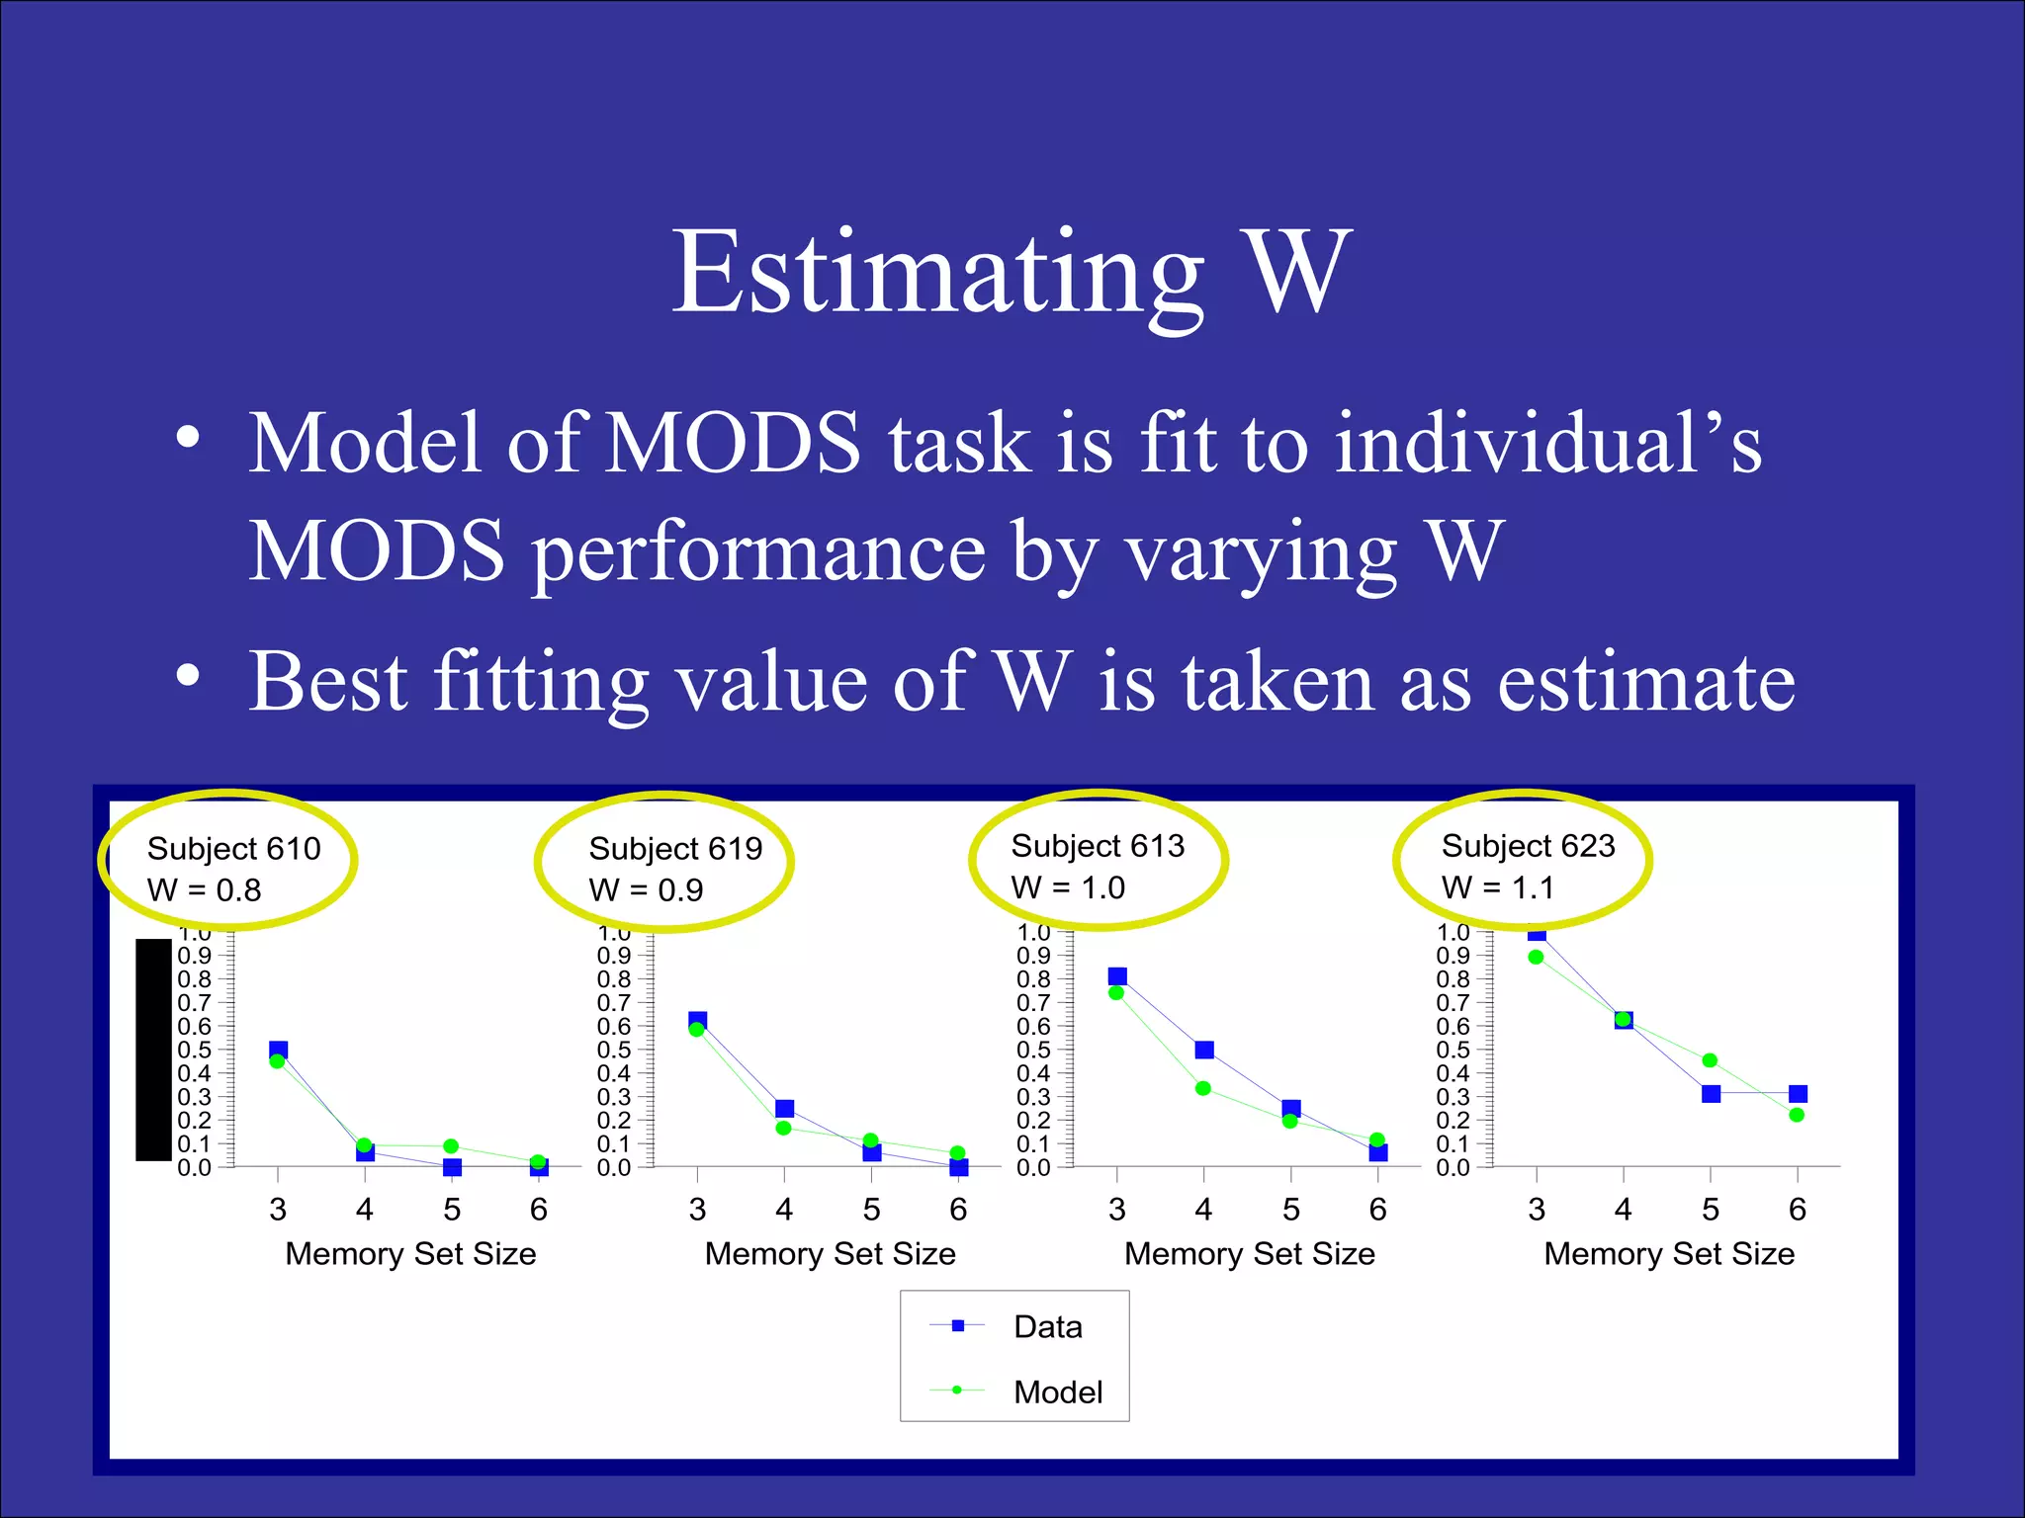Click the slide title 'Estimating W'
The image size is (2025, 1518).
(x=1012, y=272)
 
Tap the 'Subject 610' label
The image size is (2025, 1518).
(x=233, y=848)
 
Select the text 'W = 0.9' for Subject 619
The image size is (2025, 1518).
(x=646, y=889)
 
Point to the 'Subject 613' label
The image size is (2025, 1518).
(x=1098, y=846)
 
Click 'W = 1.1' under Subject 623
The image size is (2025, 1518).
(x=1498, y=887)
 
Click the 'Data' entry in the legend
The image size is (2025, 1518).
(x=1047, y=1326)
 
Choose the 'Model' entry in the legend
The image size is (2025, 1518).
(x=1057, y=1391)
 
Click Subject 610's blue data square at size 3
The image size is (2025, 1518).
(x=279, y=1050)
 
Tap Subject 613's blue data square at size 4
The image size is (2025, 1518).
(x=1204, y=1050)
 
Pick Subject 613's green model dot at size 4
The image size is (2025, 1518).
(x=1203, y=1088)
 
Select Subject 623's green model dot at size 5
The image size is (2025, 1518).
(x=1710, y=1060)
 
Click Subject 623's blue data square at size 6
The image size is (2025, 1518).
(x=1799, y=1093)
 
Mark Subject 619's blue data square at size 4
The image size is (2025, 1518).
(x=785, y=1108)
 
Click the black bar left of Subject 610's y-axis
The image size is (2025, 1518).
(x=153, y=1050)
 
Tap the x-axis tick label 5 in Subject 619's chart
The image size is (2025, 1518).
(x=871, y=1209)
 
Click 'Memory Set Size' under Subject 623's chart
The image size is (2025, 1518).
(x=1669, y=1253)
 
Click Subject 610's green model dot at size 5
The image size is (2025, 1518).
(x=451, y=1146)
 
